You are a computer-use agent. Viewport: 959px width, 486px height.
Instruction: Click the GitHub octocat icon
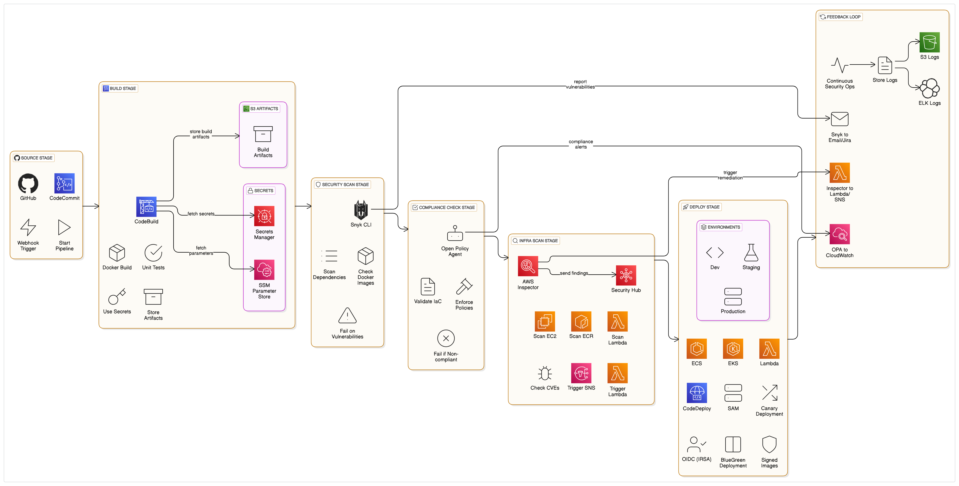pyautogui.click(x=28, y=183)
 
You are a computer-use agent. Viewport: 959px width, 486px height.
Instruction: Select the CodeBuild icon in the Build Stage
pyautogui.click(x=146, y=207)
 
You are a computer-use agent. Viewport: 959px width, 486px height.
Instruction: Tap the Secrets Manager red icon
pyautogui.click(x=264, y=216)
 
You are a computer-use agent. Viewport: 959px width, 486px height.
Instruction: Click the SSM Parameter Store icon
pyautogui.click(x=264, y=270)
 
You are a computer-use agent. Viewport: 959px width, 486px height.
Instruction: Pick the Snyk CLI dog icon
pyautogui.click(x=361, y=210)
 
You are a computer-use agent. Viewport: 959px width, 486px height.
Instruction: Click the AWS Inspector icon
pyautogui.click(x=528, y=266)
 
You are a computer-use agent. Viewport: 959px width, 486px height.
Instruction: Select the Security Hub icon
pyautogui.click(x=626, y=275)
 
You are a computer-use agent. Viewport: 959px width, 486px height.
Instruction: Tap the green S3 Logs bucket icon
pyautogui.click(x=929, y=42)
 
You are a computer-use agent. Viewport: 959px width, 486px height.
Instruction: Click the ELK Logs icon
pyautogui.click(x=929, y=88)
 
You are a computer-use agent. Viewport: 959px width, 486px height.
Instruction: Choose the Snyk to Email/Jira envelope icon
pyautogui.click(x=839, y=119)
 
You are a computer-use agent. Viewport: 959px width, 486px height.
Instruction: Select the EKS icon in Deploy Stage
pyautogui.click(x=733, y=348)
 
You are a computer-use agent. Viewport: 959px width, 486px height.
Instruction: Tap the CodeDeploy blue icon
pyautogui.click(x=697, y=393)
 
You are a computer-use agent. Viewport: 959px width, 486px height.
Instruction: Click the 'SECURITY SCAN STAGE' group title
pyautogui.click(x=345, y=184)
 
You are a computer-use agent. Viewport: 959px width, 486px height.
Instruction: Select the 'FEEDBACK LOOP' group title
pyautogui.click(x=843, y=17)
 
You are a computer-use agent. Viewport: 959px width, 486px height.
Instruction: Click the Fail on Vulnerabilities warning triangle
pyautogui.click(x=347, y=316)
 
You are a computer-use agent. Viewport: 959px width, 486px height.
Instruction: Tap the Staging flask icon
pyautogui.click(x=751, y=253)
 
